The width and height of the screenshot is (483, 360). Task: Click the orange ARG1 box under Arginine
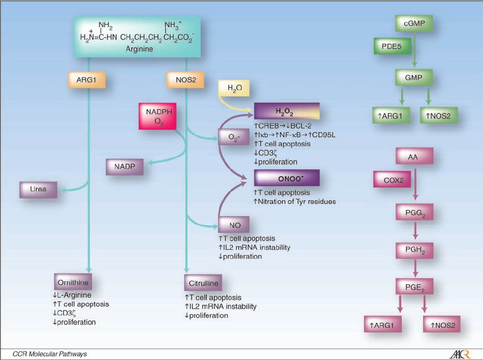click(89, 79)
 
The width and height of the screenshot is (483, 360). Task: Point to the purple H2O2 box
click(286, 111)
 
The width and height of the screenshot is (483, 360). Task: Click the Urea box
click(39, 190)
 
